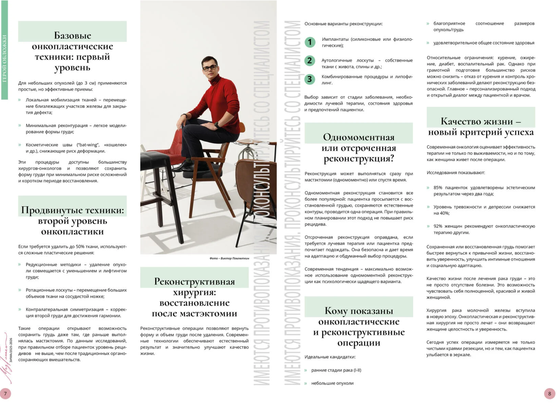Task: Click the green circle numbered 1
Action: pyautogui.click(x=310, y=42)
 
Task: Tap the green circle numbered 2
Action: pyautogui.click(x=310, y=61)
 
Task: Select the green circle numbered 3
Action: pyautogui.click(x=310, y=79)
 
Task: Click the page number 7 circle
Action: pyautogui.click(x=5, y=393)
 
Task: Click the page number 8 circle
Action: pyautogui.click(x=549, y=393)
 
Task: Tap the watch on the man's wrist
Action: pyautogui.click(x=217, y=125)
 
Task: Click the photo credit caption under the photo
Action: pyautogui.click(x=229, y=258)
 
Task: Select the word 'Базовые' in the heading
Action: pyautogui.click(x=73, y=36)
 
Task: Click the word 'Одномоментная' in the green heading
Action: pyautogui.click(x=359, y=137)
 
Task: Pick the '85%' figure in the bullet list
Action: pyautogui.click(x=438, y=188)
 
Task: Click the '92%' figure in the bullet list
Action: pyautogui.click(x=438, y=226)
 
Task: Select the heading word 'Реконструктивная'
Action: pyautogui.click(x=194, y=282)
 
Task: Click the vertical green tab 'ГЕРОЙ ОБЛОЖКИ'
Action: pyautogui.click(x=4, y=58)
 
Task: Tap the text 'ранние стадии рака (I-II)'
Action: pyautogui.click(x=336, y=370)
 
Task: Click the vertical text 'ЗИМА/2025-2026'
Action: pyautogui.click(x=11, y=350)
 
